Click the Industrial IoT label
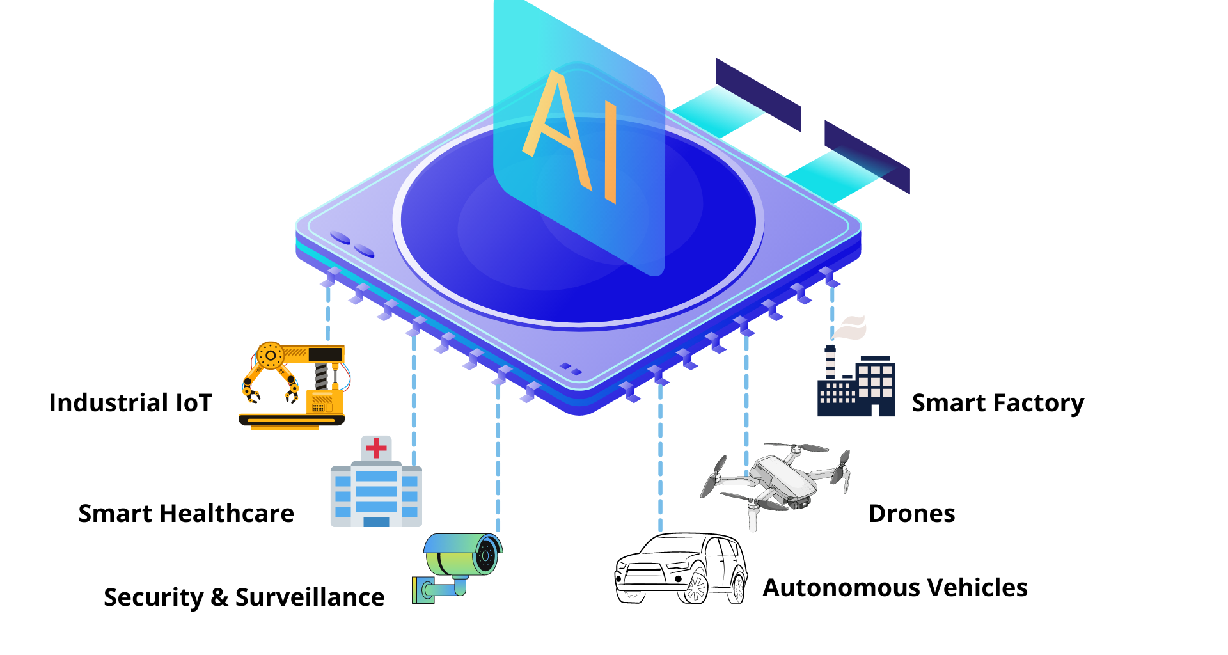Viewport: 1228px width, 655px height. pos(130,403)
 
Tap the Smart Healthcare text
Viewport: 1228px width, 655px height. pos(186,514)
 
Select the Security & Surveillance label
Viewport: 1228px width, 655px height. pos(244,597)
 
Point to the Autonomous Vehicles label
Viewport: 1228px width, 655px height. pos(895,588)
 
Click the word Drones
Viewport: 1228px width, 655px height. pos(911,514)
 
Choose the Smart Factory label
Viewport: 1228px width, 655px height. pos(998,404)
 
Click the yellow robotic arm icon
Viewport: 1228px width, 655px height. pos(293,386)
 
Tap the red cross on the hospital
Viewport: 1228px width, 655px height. pos(376,448)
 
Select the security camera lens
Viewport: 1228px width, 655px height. pos(487,554)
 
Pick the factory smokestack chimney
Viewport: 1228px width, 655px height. pos(830,362)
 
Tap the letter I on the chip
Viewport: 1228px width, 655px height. pos(610,154)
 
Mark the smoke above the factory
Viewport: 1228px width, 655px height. pos(849,327)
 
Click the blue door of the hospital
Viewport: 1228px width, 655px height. pos(376,522)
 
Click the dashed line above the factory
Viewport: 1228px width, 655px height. pos(832,310)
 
